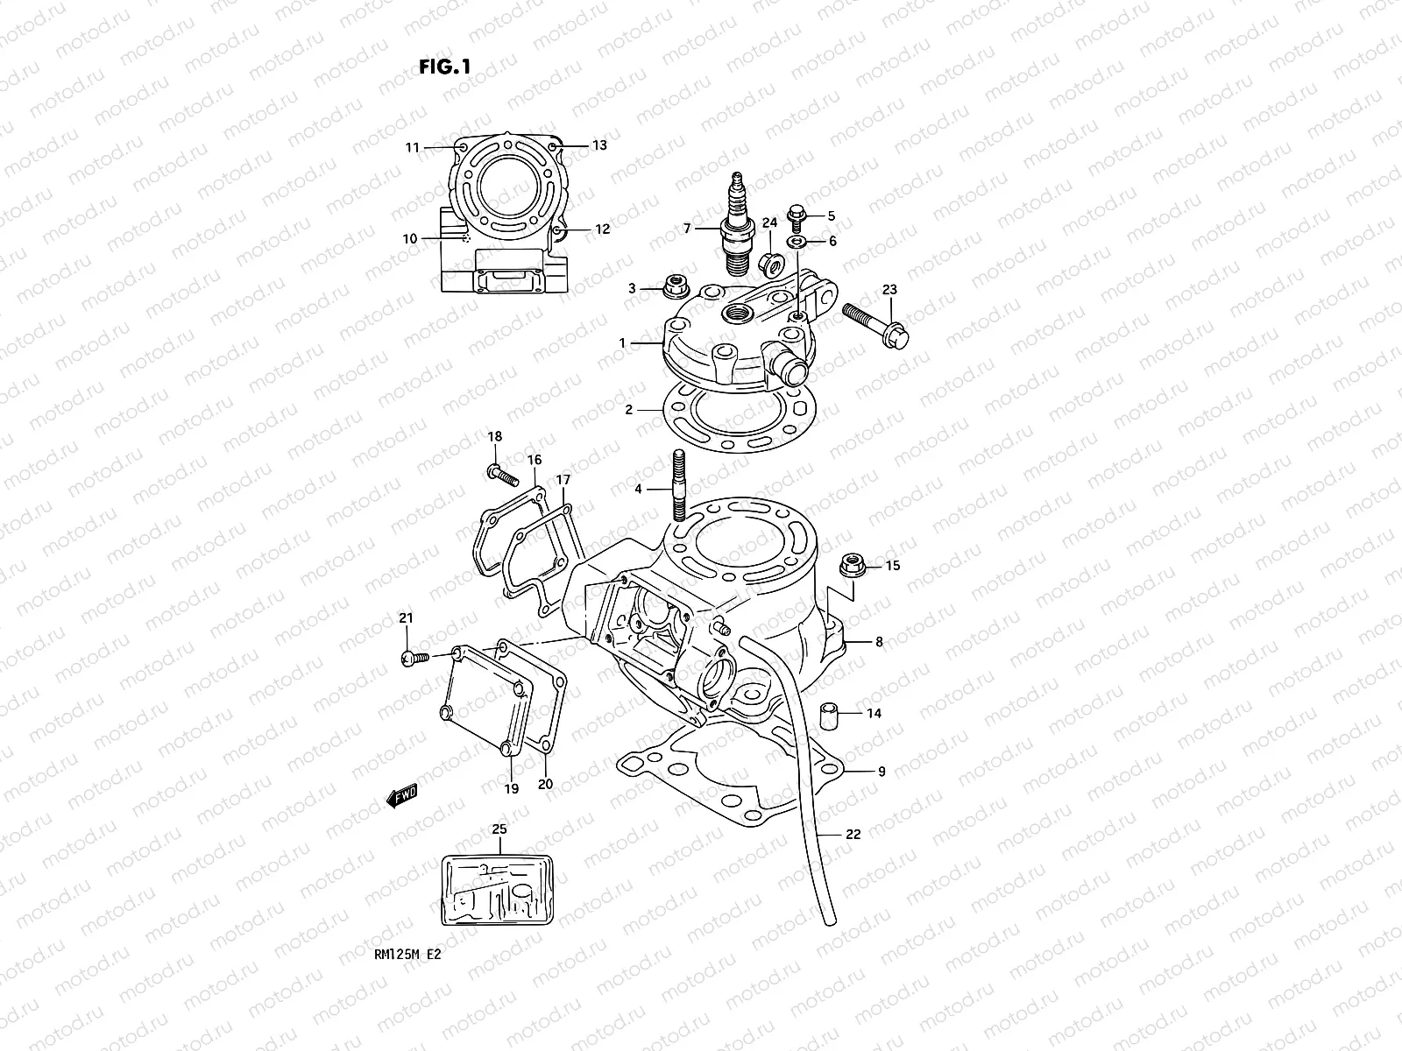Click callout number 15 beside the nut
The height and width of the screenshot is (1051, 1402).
892,566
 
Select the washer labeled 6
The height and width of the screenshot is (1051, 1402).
798,241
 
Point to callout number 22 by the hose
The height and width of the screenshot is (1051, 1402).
853,834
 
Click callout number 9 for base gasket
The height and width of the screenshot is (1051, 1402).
882,772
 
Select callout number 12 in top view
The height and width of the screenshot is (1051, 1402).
602,229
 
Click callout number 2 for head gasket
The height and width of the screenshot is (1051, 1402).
627,409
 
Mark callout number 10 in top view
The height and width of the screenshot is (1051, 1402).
409,238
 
